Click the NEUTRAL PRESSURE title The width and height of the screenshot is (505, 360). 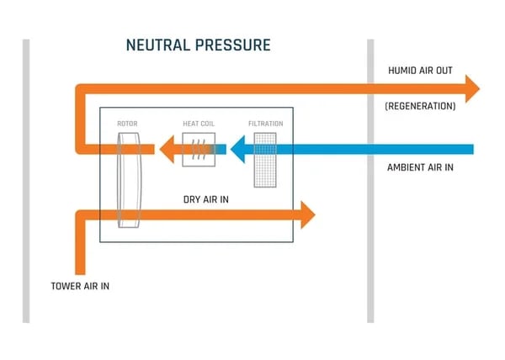[198, 45]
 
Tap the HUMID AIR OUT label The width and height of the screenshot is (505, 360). [420, 71]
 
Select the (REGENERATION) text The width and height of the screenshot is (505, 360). [420, 107]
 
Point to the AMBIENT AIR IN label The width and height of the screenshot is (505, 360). [420, 167]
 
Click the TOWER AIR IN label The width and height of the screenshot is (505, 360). [80, 286]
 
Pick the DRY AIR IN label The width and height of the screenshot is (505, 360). [206, 200]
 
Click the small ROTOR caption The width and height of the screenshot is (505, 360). [127, 124]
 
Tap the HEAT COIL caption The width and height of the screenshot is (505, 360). [199, 124]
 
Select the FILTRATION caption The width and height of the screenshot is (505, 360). [265, 124]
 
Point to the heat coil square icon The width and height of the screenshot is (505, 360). [199, 151]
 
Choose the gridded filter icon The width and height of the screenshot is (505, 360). [265, 159]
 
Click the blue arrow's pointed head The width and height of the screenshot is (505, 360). [238, 151]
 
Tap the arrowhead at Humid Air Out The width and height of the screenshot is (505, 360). [471, 88]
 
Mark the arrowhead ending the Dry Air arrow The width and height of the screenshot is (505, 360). [306, 215]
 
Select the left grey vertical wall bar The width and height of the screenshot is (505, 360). [26, 180]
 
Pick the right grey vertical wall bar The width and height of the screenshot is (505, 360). [370, 180]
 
